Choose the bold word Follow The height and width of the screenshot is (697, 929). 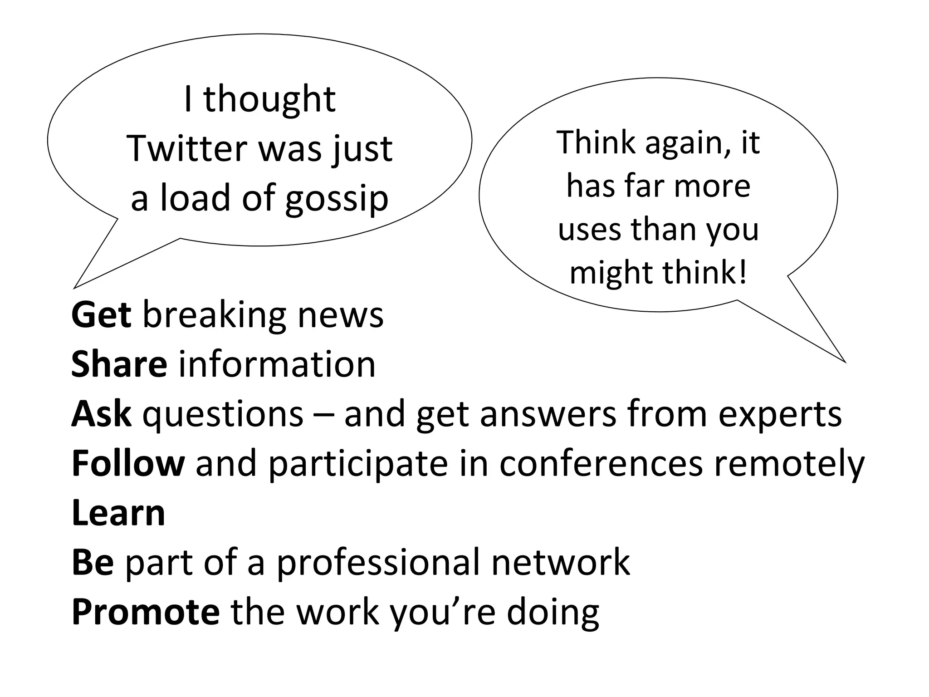click(x=128, y=463)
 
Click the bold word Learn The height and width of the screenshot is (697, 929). click(x=118, y=513)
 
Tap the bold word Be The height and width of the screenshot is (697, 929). click(x=93, y=562)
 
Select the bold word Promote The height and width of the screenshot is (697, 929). click(x=146, y=612)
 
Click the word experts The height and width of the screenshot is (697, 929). click(x=780, y=415)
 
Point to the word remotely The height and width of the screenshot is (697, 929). click(x=789, y=464)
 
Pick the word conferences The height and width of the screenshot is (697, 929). click(x=601, y=463)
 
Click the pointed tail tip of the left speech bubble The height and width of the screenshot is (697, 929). click(x=74, y=288)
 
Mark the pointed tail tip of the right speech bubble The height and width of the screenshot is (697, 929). click(x=846, y=362)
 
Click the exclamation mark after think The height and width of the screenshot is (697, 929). click(x=742, y=272)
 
